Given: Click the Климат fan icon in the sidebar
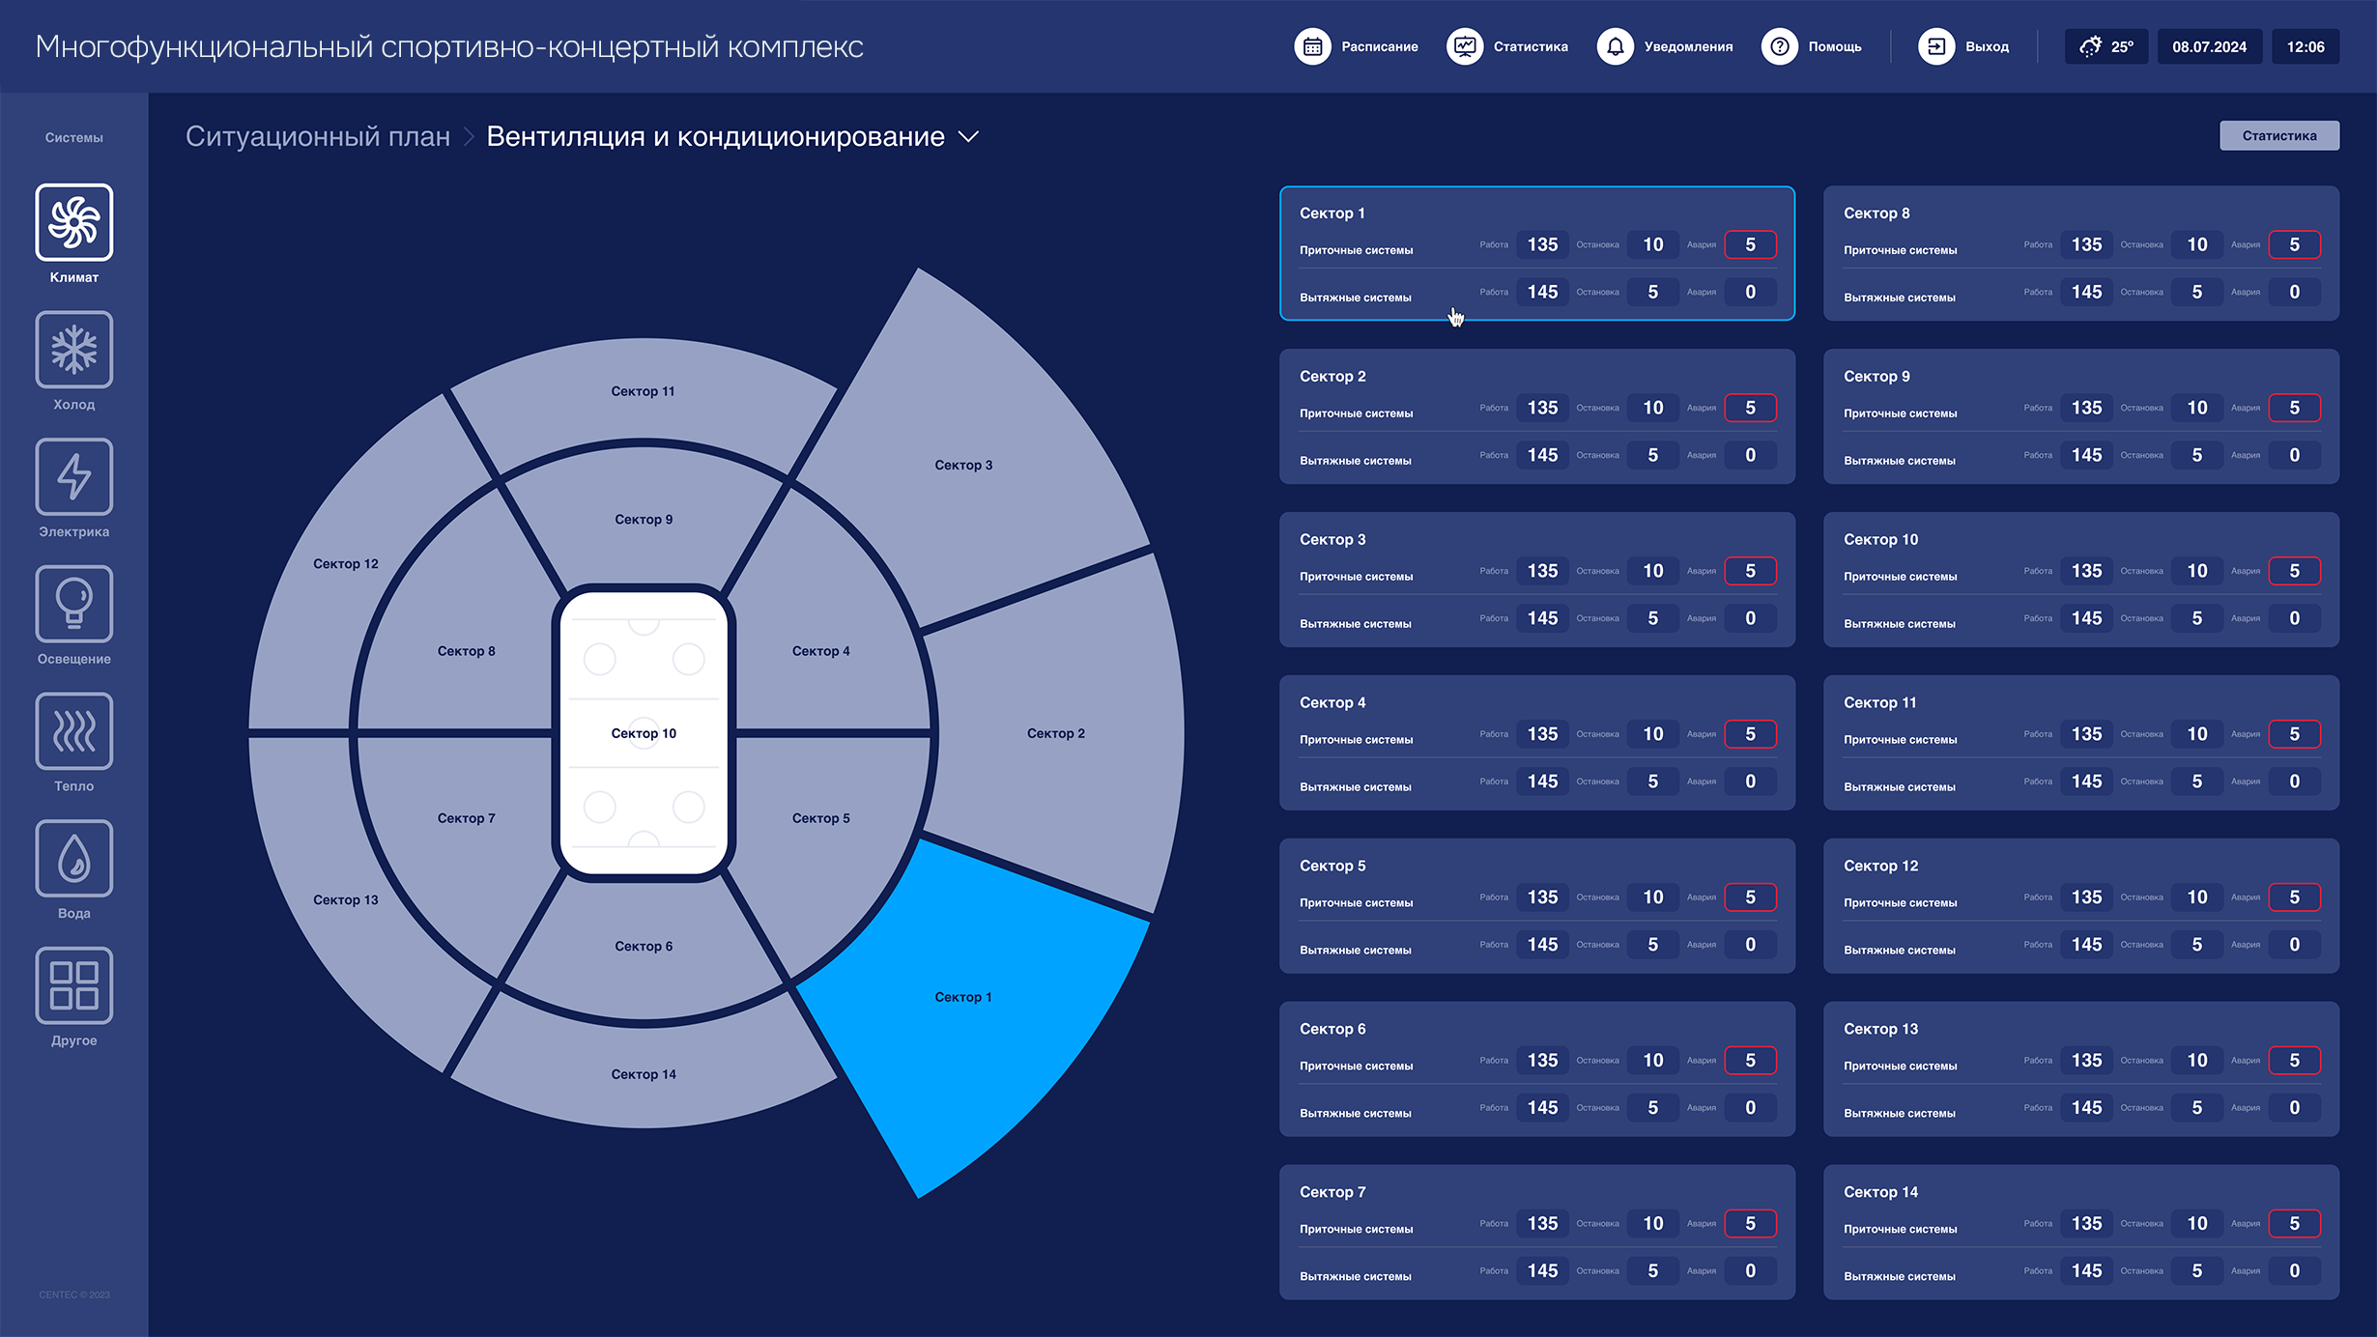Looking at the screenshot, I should pyautogui.click(x=74, y=222).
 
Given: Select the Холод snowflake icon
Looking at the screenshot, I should pyautogui.click(x=74, y=350).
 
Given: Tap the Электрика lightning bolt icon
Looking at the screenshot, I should pyautogui.click(x=74, y=476).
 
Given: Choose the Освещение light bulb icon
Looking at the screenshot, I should pyautogui.click(x=74, y=604).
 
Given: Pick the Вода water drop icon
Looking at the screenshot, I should pyautogui.click(x=74, y=859).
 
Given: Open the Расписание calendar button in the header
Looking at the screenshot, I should pyautogui.click(x=1312, y=46).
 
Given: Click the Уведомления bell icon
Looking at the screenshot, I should pyautogui.click(x=1615, y=46).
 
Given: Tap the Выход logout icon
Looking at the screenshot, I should pyautogui.click(x=1935, y=46).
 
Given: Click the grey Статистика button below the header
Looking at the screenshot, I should pyautogui.click(x=2278, y=136).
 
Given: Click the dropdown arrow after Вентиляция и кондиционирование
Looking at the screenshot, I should pyautogui.click(x=968, y=137).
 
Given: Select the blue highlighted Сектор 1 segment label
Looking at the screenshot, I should pyautogui.click(x=962, y=997).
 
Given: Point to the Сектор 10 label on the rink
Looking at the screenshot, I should pyautogui.click(x=644, y=733).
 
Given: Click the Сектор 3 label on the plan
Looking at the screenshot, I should pyautogui.click(x=963, y=465).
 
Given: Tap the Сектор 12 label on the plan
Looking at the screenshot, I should pyautogui.click(x=346, y=564).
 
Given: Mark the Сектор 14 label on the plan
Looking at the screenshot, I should pyautogui.click(x=644, y=1074).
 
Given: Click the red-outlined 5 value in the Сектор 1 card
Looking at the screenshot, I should pyautogui.click(x=1750, y=244).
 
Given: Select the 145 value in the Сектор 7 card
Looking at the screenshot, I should pyautogui.click(x=1542, y=1270).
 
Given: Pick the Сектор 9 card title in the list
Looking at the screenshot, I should pyautogui.click(x=1876, y=377).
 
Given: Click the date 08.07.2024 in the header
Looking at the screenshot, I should pyautogui.click(x=2209, y=46).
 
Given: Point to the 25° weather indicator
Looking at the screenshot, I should pyautogui.click(x=2106, y=46).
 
